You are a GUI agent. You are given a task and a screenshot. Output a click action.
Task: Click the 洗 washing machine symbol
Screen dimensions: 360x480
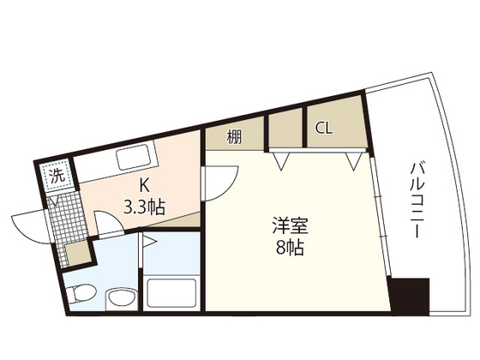coord(56,176)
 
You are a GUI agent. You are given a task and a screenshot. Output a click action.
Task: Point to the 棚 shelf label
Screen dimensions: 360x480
coord(234,136)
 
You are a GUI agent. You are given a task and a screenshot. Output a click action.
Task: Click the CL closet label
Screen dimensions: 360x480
coord(323,129)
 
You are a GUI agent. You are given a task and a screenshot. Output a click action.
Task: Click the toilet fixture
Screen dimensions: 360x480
coord(77,294)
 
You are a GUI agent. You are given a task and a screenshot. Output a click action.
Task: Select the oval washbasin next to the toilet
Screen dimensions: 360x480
coord(118,298)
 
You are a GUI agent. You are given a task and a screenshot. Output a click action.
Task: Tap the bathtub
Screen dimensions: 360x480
coord(173,292)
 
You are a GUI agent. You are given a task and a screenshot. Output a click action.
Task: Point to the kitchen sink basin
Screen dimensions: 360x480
coord(132,157)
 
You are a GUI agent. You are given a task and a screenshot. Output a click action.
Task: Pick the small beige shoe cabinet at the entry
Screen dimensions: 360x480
coord(76,254)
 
